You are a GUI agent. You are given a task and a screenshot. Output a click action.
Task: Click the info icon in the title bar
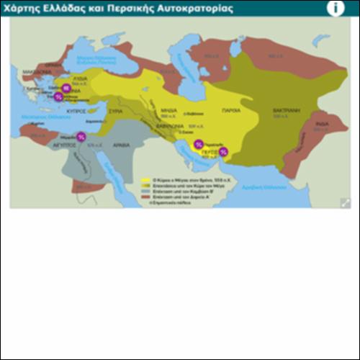pyautogui.click(x=336, y=8)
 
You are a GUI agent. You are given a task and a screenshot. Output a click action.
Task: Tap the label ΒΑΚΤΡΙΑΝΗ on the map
pyautogui.click(x=286, y=111)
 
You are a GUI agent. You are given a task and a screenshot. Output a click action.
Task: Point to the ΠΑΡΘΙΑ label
pyautogui.click(x=232, y=111)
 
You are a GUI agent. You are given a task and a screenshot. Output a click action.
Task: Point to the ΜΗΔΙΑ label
pyautogui.click(x=168, y=111)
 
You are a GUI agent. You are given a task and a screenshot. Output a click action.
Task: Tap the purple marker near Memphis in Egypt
pyautogui.click(x=81, y=136)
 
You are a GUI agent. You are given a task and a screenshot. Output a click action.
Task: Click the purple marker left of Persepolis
pyautogui.click(x=199, y=144)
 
